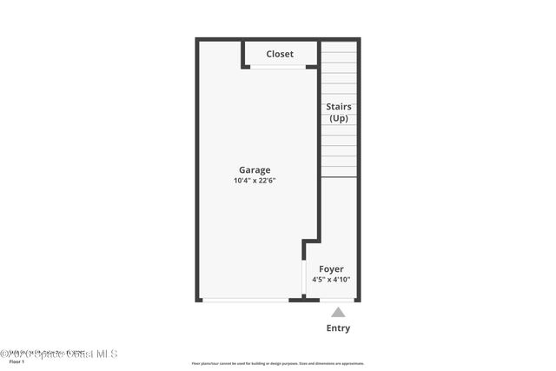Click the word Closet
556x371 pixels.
coord(280,54)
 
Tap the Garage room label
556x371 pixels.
coord(255,170)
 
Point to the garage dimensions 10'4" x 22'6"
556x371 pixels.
coord(255,181)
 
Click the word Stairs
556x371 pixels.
coord(339,107)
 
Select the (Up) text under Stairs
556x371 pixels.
coord(339,118)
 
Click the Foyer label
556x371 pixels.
coord(331,269)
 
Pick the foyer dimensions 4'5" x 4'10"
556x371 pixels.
coord(331,280)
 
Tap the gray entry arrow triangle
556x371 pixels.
coord(338,312)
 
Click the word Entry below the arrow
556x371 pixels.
coord(338,328)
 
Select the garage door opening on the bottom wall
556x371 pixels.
coord(246,300)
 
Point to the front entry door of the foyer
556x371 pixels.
coord(337,300)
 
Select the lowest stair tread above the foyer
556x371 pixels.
coord(339,172)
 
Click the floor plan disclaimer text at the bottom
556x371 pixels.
coord(278,363)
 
